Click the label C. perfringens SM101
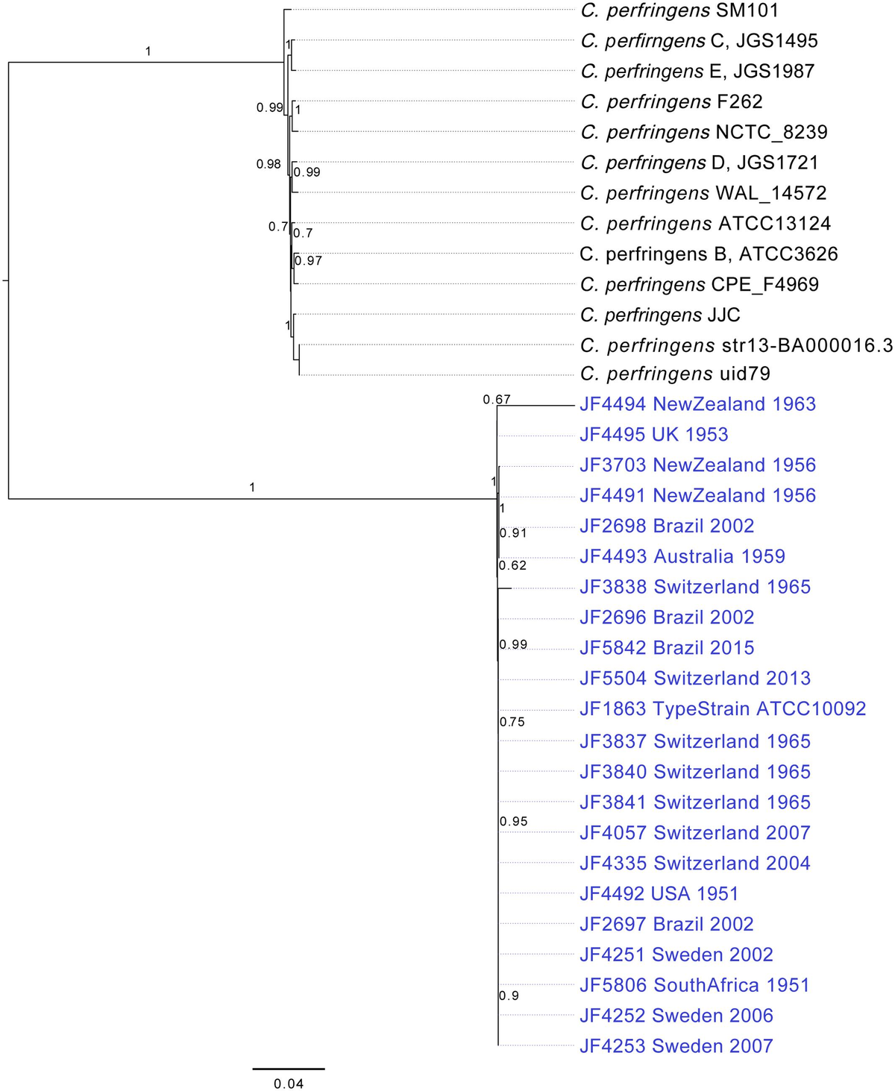[x=679, y=10]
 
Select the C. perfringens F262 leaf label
[x=671, y=101]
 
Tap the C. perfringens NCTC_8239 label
[x=704, y=132]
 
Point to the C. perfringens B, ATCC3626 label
[x=709, y=254]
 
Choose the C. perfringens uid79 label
[x=675, y=374]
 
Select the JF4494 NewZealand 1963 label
[x=697, y=404]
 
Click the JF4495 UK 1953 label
[x=653, y=435]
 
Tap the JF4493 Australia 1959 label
[x=682, y=556]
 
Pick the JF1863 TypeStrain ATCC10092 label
[x=722, y=708]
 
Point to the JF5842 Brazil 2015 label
[x=667, y=648]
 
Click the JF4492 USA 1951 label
[x=659, y=893]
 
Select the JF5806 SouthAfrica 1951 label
[x=694, y=985]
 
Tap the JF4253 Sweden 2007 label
[x=676, y=1046]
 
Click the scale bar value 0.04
[x=289, y=1084]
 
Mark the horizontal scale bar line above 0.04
[x=289, y=1069]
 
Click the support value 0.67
[x=496, y=400]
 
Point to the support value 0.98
[x=268, y=164]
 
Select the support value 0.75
[x=512, y=722]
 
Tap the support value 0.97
[x=308, y=260]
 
